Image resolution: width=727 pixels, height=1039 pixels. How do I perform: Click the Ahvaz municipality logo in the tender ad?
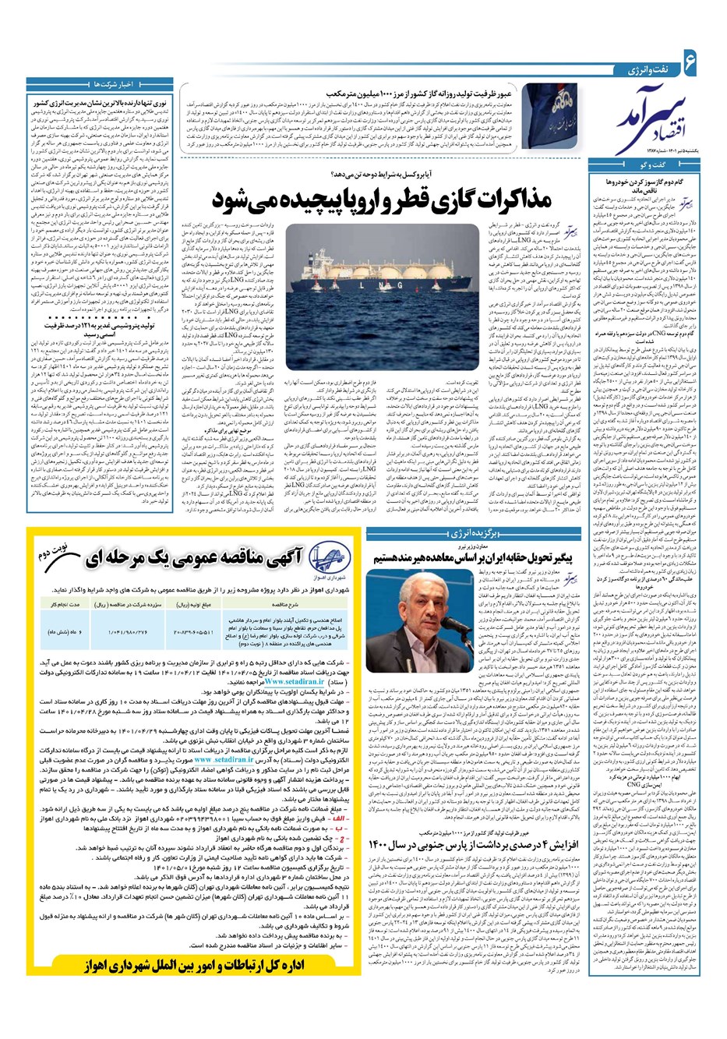click(x=386, y=564)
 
